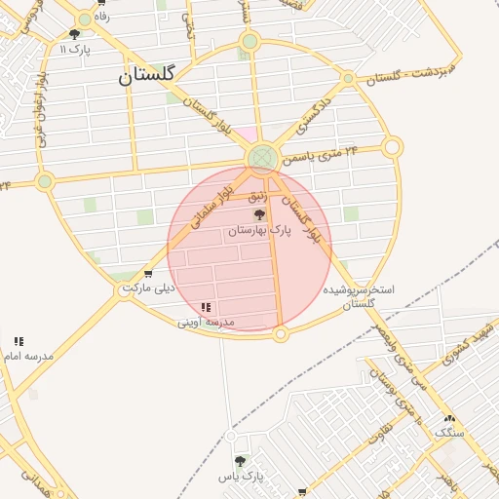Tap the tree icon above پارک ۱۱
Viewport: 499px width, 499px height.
point(74,34)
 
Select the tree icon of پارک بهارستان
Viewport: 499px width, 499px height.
point(258,214)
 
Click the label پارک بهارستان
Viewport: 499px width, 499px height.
point(259,231)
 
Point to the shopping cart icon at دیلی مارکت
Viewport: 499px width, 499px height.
point(147,274)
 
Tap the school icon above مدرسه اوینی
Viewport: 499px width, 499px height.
point(206,307)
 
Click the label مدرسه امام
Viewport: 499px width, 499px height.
point(28,357)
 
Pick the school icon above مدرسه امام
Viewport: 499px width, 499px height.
point(19,341)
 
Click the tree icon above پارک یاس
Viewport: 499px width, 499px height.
point(240,460)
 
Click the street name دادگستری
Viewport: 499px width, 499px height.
point(314,115)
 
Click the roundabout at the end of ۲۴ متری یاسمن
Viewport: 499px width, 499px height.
point(392,147)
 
